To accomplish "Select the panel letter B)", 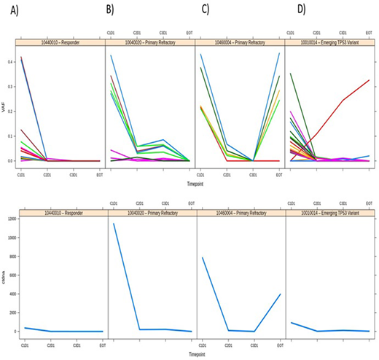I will tap(112, 9).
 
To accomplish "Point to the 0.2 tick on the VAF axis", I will tap(12, 111).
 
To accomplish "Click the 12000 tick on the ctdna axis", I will tap(9, 219).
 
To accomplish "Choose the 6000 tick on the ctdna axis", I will tap(10, 275).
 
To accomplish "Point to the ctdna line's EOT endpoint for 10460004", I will tap(281, 294).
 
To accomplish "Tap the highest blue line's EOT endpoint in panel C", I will tap(281, 52).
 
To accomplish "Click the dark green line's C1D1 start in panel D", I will tap(291, 73).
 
